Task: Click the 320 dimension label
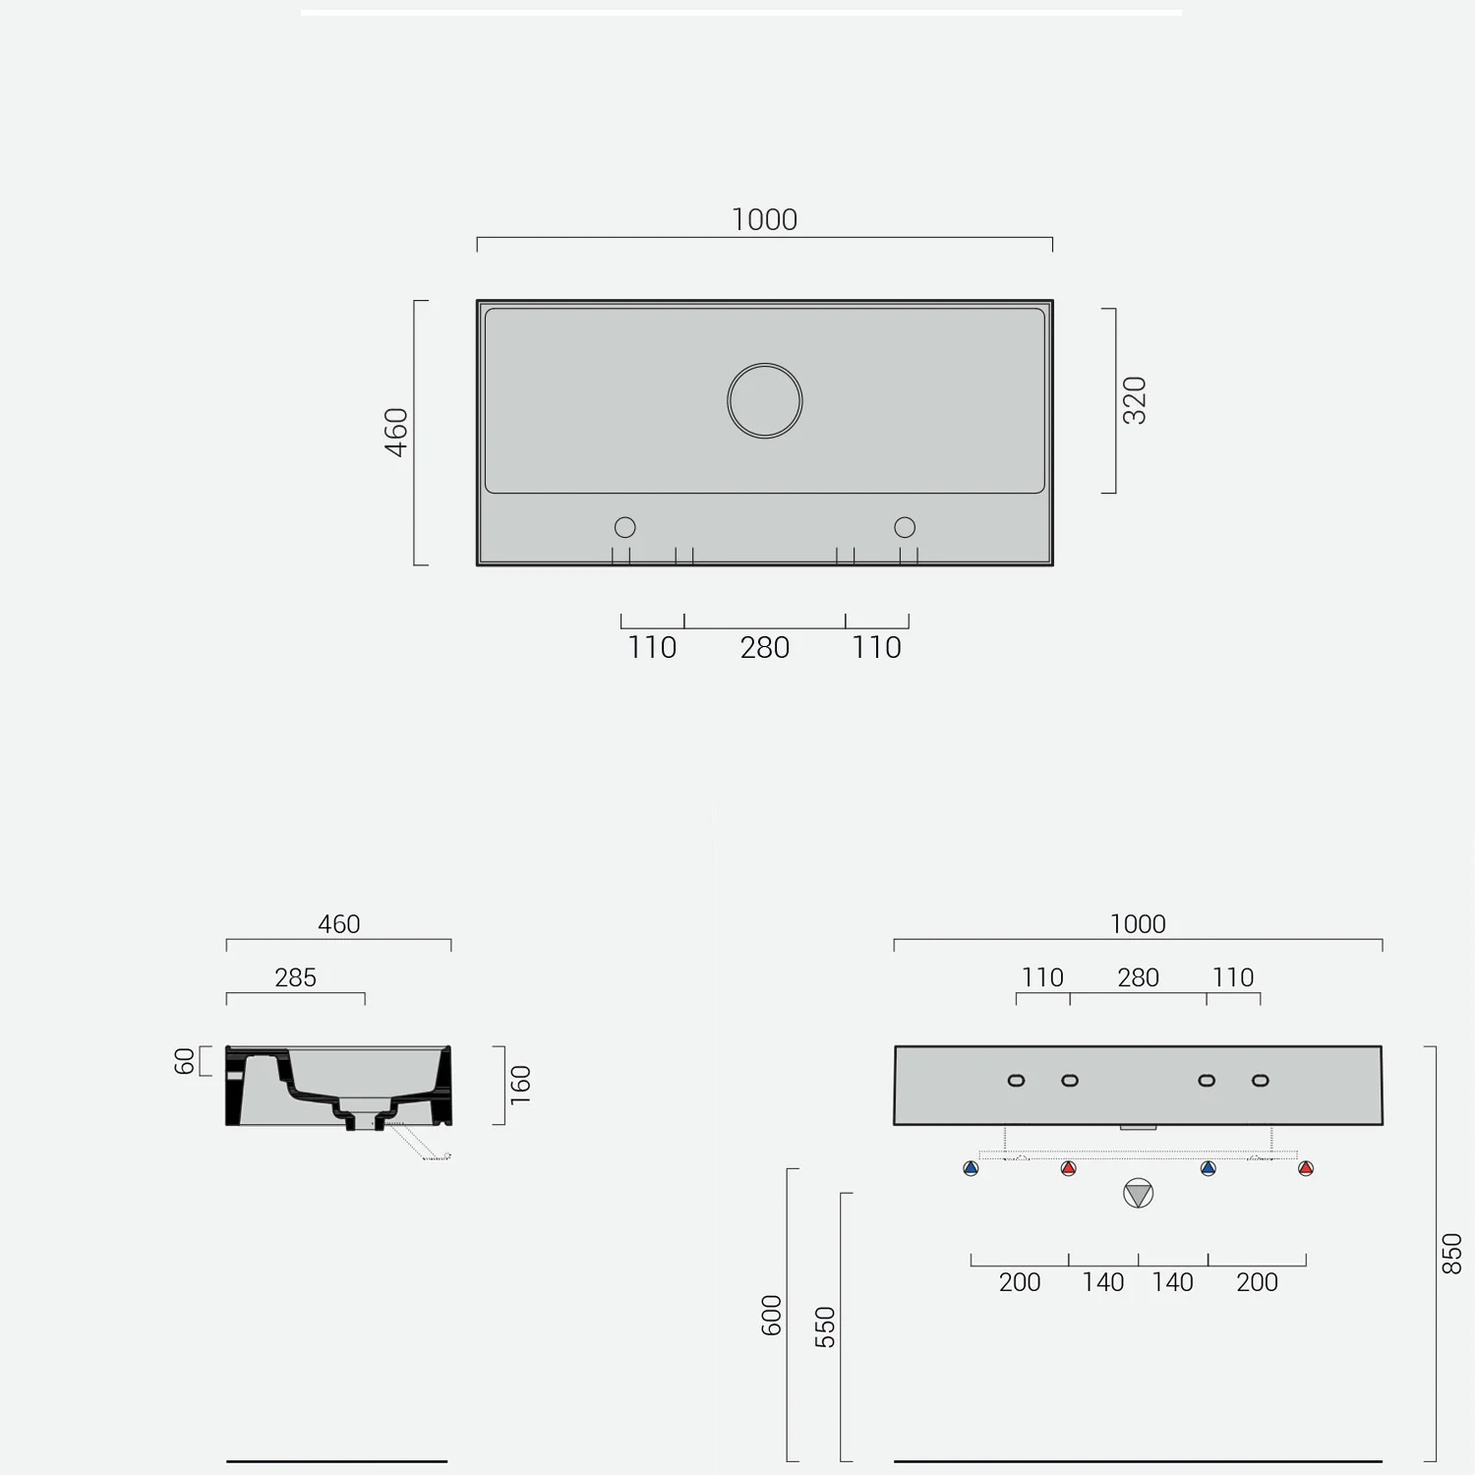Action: (x=1135, y=400)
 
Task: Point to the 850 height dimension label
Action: (x=1451, y=1254)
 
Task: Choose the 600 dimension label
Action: (x=772, y=1316)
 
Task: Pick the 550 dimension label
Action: (x=825, y=1327)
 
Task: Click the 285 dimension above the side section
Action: (x=295, y=977)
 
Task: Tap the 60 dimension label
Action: (x=184, y=1062)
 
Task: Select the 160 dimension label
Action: (x=520, y=1085)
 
